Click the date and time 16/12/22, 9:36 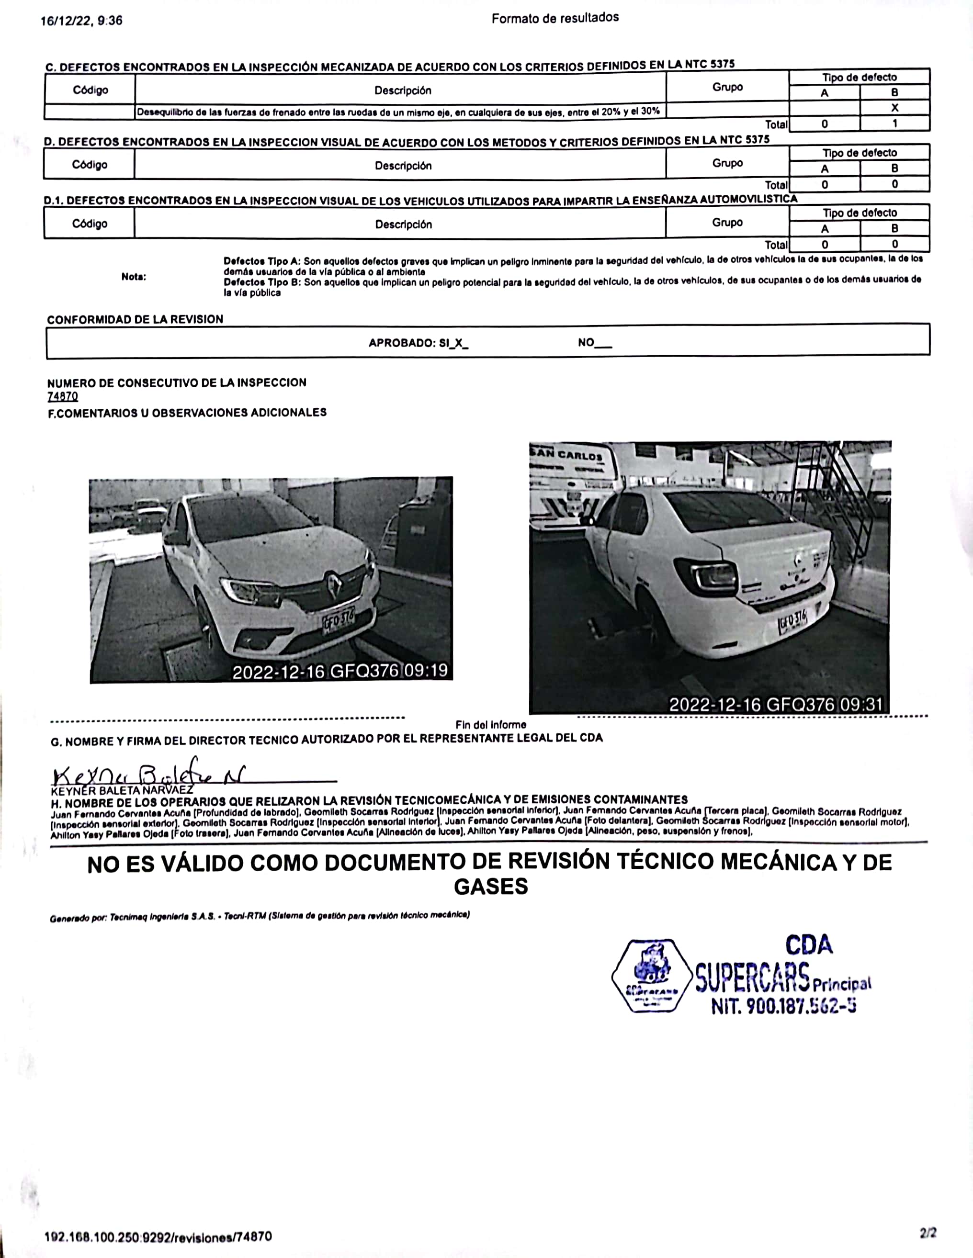click(x=81, y=21)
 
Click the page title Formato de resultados click(x=555, y=18)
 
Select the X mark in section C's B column click(x=894, y=108)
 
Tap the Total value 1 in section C click(x=894, y=124)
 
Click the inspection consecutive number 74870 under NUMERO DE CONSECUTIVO click(x=62, y=396)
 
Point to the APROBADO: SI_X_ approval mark click(x=418, y=343)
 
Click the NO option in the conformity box click(x=594, y=343)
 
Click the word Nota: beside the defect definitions click(x=134, y=277)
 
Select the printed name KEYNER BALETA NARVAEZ click(x=122, y=790)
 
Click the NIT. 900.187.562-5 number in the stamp click(x=783, y=1006)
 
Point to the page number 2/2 click(x=928, y=1233)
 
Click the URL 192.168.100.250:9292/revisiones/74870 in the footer click(x=158, y=1236)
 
